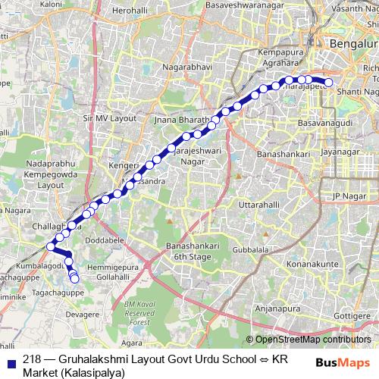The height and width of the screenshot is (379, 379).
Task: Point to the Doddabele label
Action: (x=102, y=239)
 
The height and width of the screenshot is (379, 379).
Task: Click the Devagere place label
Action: (x=83, y=312)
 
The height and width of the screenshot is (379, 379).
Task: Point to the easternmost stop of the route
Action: (x=328, y=83)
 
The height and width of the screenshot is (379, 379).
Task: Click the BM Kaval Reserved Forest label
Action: (x=139, y=312)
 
